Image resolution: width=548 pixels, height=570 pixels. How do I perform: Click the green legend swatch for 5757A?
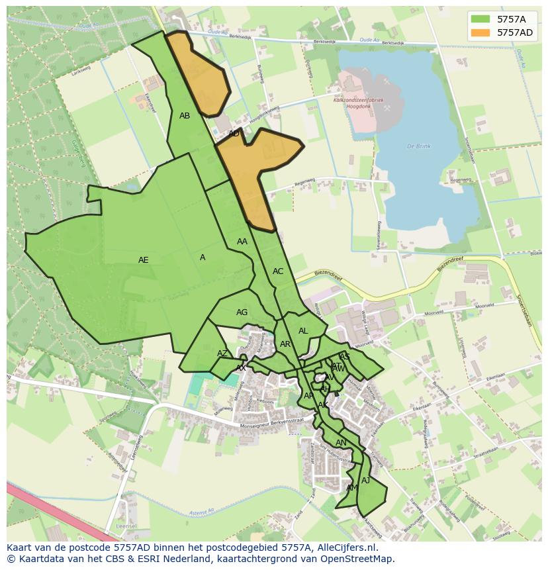(x=480, y=19)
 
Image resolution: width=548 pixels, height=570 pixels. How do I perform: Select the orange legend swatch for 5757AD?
(x=480, y=32)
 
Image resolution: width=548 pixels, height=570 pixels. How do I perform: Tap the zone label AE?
(x=144, y=260)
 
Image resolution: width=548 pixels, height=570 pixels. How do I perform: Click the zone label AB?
(x=185, y=116)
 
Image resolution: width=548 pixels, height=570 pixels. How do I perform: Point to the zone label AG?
(x=242, y=312)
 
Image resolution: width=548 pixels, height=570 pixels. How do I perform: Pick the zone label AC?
(x=278, y=271)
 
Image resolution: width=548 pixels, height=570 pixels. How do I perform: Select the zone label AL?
(x=303, y=331)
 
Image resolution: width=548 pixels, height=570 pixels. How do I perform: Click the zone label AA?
(x=242, y=242)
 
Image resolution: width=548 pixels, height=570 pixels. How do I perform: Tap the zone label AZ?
(x=222, y=354)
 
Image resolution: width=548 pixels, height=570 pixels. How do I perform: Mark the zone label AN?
(x=341, y=443)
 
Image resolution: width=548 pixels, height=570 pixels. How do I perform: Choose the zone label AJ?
(x=366, y=481)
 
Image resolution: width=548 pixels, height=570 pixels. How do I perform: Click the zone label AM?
(x=352, y=488)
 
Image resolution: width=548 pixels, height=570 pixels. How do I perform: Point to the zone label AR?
(x=285, y=344)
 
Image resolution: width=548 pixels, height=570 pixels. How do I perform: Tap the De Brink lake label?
(x=419, y=146)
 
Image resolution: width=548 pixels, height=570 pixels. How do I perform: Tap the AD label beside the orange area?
(x=234, y=134)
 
